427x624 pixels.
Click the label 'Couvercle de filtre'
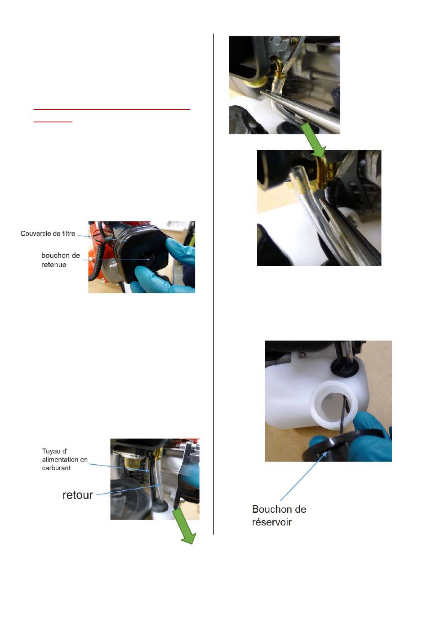coord(48,233)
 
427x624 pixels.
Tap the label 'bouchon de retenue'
coord(60,260)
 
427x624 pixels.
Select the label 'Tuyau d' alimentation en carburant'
coord(65,459)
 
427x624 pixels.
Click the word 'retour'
coord(78,495)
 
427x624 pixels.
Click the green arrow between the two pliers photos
coord(314,140)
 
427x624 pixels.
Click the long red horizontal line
coord(111,109)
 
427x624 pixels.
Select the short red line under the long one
coord(53,122)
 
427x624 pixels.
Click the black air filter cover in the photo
coord(142,252)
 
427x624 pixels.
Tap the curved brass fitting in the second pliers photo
coord(322,172)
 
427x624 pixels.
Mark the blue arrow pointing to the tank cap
coord(303,476)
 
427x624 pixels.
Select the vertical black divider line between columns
coord(213,284)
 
